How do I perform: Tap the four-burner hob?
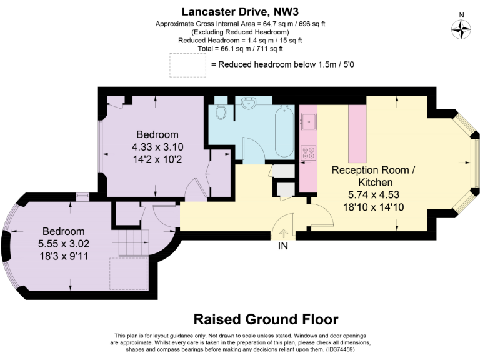(309, 152)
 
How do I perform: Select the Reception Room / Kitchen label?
(373, 175)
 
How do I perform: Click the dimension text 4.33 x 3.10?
(157, 147)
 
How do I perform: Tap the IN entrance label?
(283, 246)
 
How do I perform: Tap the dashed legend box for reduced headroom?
(187, 65)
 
